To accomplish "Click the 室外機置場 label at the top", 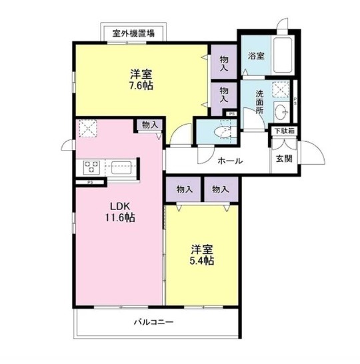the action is coord(133,33).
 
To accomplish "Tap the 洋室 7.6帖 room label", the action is coord(141,79).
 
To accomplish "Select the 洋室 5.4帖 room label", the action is coord(202,255).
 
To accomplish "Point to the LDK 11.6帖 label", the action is coord(120,212).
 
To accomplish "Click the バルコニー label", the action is coord(153,322).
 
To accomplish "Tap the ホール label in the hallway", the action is coord(230,161).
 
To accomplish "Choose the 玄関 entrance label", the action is coord(284,159).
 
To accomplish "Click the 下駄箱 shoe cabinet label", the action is coord(285,131).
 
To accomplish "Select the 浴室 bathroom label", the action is coord(256,56).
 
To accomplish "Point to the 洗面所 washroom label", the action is coord(260,102).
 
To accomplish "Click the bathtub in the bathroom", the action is coord(283,55).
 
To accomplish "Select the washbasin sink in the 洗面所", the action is coord(281,111).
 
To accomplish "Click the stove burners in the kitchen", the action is coord(91,167).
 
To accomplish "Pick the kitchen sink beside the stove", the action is coord(121,167).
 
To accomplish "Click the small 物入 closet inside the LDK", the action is coord(150,125).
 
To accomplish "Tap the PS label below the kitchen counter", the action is coord(90,182).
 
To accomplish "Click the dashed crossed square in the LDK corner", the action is coord(88,129).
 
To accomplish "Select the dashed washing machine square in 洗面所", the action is coord(281,89).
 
